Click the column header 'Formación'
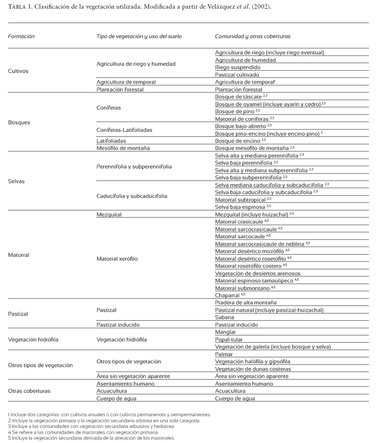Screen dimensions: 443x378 point(21,37)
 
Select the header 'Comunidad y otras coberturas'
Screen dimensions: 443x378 point(252,37)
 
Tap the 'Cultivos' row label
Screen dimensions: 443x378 point(18,71)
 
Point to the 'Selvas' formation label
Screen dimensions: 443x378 point(16,181)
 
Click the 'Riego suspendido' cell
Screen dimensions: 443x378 point(238,68)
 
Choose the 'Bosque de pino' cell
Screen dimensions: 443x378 point(235,111)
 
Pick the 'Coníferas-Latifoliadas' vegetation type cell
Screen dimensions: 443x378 point(124,130)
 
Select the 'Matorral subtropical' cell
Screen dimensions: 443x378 point(240,200)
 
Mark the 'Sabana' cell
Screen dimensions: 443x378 point(224,318)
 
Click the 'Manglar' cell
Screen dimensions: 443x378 point(225,332)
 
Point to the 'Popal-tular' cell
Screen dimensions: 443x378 point(229,340)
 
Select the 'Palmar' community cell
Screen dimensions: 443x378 point(224,355)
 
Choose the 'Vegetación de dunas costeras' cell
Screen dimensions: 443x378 point(253,369)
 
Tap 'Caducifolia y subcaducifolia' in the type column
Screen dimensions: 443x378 point(132,196)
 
